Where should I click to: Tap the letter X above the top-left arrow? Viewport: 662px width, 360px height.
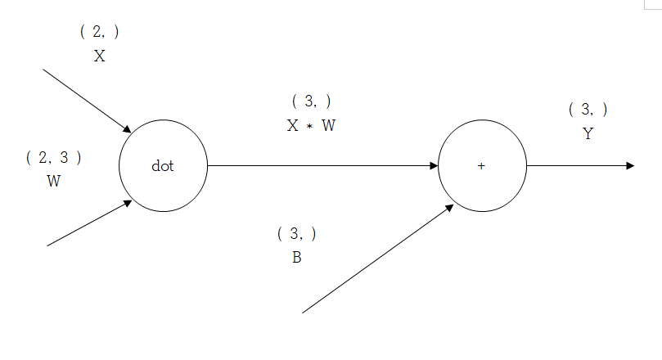tap(99, 56)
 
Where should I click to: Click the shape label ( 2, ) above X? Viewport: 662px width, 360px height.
tap(99, 32)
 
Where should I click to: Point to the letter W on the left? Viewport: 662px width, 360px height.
tap(53, 182)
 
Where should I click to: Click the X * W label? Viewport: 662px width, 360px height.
tap(311, 126)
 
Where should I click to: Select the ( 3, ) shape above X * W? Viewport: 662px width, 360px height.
tap(311, 101)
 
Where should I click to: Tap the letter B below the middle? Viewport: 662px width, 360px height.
tap(296, 258)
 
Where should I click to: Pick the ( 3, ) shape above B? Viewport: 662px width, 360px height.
tap(296, 234)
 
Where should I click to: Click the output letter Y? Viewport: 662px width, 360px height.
tap(588, 134)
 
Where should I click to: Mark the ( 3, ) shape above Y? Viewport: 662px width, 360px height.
tap(588, 110)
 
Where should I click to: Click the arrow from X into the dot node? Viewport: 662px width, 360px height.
tap(86, 100)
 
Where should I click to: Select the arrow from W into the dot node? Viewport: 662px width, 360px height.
tap(88, 223)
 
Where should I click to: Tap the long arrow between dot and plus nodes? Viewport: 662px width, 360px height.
tap(323, 165)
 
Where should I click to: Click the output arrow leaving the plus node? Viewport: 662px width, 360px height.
tap(577, 165)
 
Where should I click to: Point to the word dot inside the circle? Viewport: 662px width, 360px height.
tap(163, 166)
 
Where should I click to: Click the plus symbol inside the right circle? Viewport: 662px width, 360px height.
tap(481, 166)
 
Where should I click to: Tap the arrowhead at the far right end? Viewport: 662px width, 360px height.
tap(630, 165)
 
